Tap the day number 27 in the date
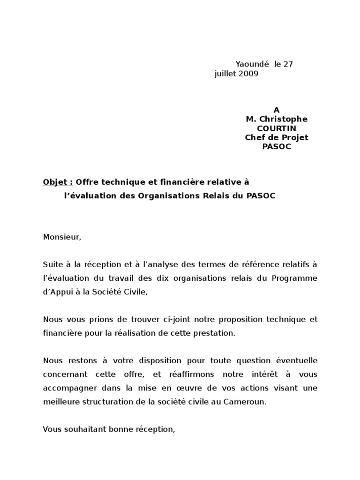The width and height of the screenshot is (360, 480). (x=288, y=64)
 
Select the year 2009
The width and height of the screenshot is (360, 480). (x=248, y=74)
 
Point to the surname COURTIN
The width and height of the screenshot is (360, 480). (x=277, y=128)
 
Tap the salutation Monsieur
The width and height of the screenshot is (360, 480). (x=62, y=237)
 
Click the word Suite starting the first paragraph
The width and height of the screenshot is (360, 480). (x=52, y=264)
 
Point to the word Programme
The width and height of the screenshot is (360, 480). (x=294, y=278)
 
